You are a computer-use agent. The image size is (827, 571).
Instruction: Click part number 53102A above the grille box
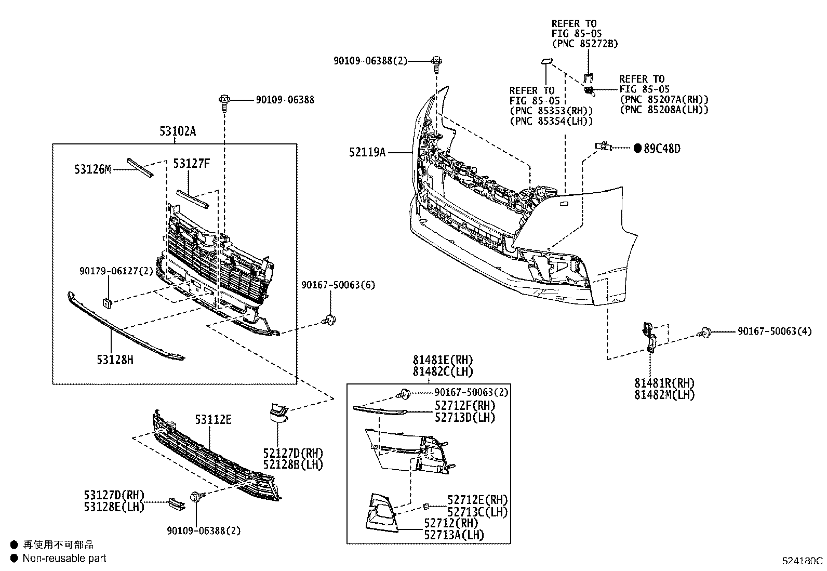[177, 131]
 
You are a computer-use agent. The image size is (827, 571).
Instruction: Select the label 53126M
[92, 169]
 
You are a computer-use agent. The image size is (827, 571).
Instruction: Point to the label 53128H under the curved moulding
[114, 359]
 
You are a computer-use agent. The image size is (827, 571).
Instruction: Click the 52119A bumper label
[368, 152]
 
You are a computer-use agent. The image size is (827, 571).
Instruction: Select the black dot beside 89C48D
[638, 149]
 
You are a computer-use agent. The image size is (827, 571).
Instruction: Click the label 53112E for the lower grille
[213, 419]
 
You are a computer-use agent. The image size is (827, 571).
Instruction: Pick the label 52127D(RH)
[293, 453]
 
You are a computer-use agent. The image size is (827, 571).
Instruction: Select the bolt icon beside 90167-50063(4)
[705, 331]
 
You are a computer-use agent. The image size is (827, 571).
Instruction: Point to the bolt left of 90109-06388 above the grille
[225, 100]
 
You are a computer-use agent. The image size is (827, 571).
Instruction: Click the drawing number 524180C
[803, 561]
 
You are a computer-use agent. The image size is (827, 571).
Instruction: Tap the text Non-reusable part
[64, 559]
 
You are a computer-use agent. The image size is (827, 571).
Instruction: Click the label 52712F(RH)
[465, 405]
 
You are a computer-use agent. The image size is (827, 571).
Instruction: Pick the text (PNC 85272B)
[584, 44]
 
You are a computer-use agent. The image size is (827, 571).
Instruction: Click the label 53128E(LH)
[114, 507]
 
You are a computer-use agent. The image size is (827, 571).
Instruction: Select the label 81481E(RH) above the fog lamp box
[443, 360]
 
